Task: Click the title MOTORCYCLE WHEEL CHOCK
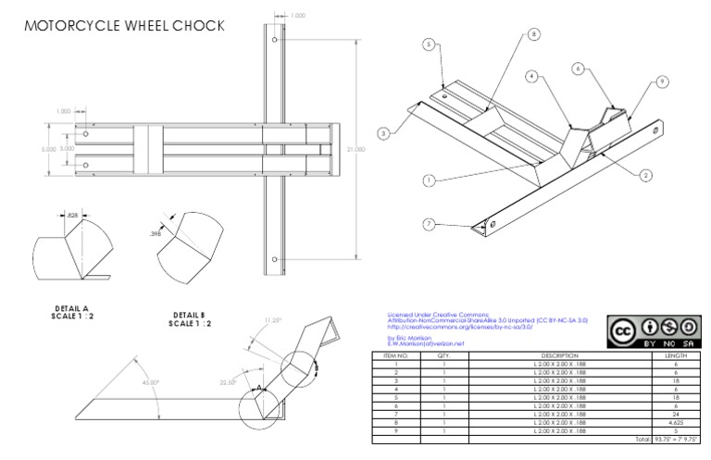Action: pyautogui.click(x=122, y=25)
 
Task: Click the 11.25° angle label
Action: pyautogui.click(x=270, y=319)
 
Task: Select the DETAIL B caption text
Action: pyautogui.click(x=190, y=319)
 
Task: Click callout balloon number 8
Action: pyautogui.click(x=533, y=34)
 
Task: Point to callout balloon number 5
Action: pyautogui.click(x=430, y=44)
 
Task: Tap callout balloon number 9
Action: pyautogui.click(x=663, y=82)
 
